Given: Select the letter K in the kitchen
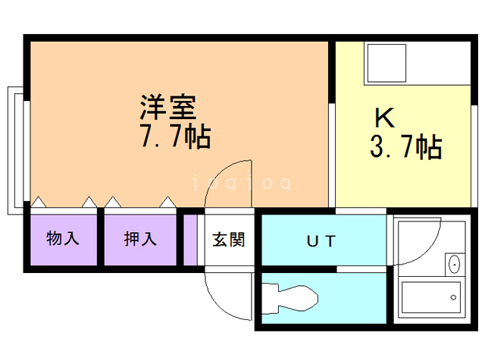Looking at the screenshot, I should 385,118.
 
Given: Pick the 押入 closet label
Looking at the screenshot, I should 140,239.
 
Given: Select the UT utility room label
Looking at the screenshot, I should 321,242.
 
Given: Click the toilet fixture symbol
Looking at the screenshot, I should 292,298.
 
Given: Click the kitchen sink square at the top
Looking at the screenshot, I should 386,64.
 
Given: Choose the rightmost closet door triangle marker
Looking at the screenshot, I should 167,202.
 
